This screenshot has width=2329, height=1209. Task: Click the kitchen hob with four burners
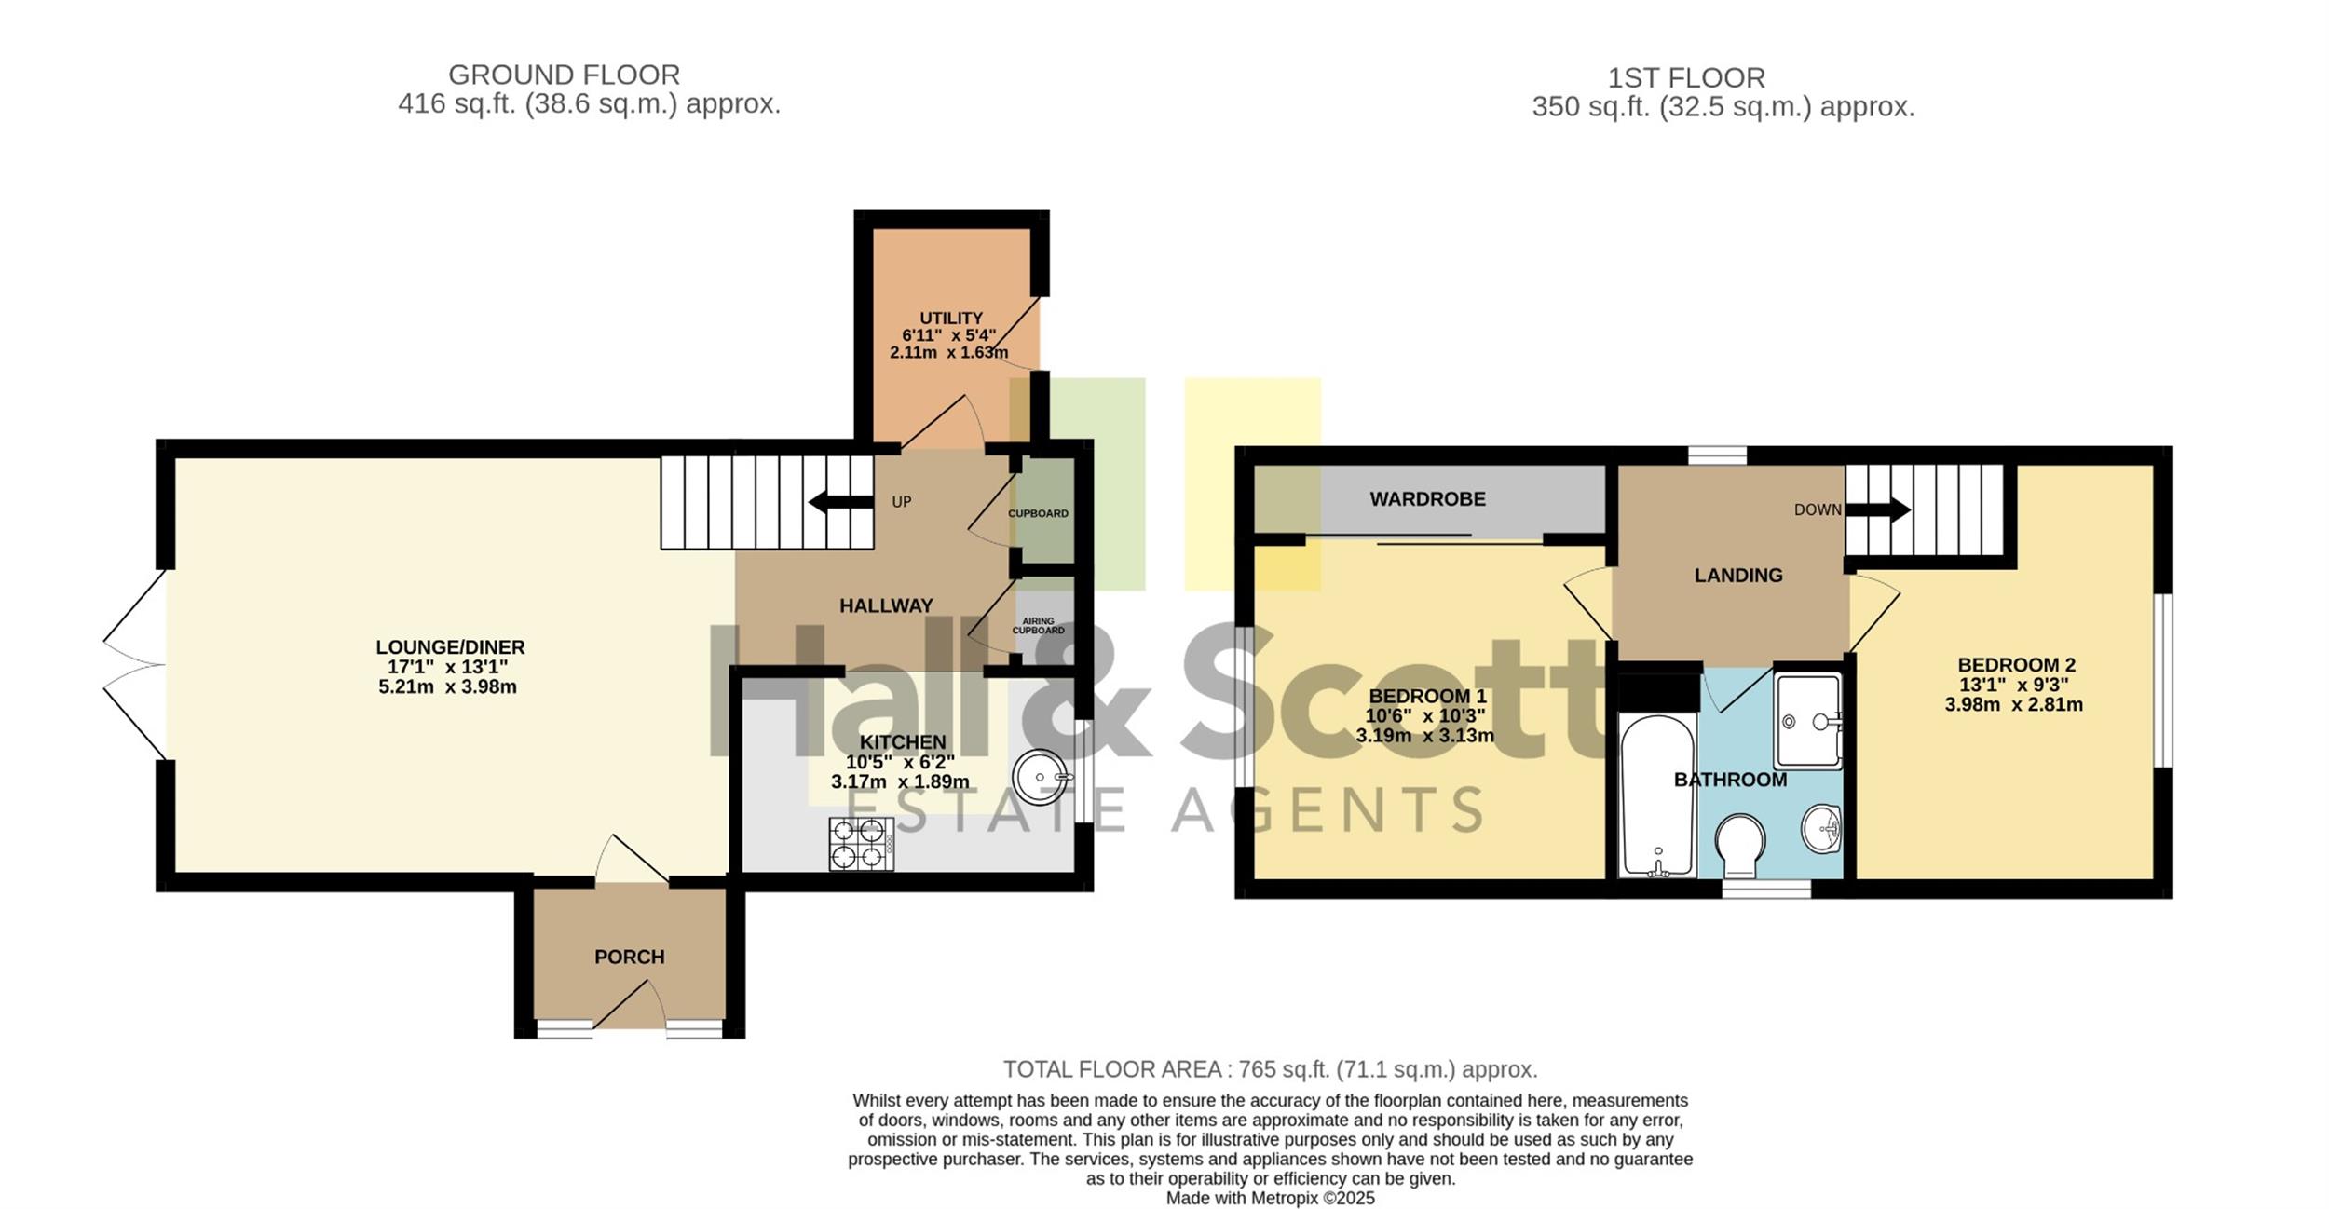(x=862, y=844)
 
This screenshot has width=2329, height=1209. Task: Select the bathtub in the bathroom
(x=1657, y=795)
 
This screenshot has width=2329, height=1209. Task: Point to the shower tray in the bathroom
(x=1808, y=721)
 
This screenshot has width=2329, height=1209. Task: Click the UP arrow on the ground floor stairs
(x=840, y=503)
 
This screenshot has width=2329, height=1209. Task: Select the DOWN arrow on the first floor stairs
(x=1878, y=509)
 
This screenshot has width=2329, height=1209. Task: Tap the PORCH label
(x=630, y=957)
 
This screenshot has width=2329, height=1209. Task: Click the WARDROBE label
(x=1427, y=499)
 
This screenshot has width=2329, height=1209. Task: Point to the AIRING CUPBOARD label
(x=1038, y=626)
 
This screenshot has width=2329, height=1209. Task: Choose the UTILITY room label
(x=951, y=318)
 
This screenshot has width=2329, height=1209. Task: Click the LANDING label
(x=1738, y=576)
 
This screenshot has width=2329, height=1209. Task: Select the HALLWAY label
(x=886, y=606)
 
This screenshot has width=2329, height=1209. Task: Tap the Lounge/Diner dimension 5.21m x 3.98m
(x=447, y=687)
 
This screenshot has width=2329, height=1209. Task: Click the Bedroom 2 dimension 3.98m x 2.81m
(x=2013, y=705)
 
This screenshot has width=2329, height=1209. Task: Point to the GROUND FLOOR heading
(x=565, y=75)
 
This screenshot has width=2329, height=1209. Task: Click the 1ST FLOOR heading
(x=1686, y=77)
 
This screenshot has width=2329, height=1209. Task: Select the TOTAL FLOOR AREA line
(x=1270, y=1069)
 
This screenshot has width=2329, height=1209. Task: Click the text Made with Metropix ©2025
(x=1270, y=1199)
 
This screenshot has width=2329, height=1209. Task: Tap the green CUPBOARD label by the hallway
(x=1038, y=513)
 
